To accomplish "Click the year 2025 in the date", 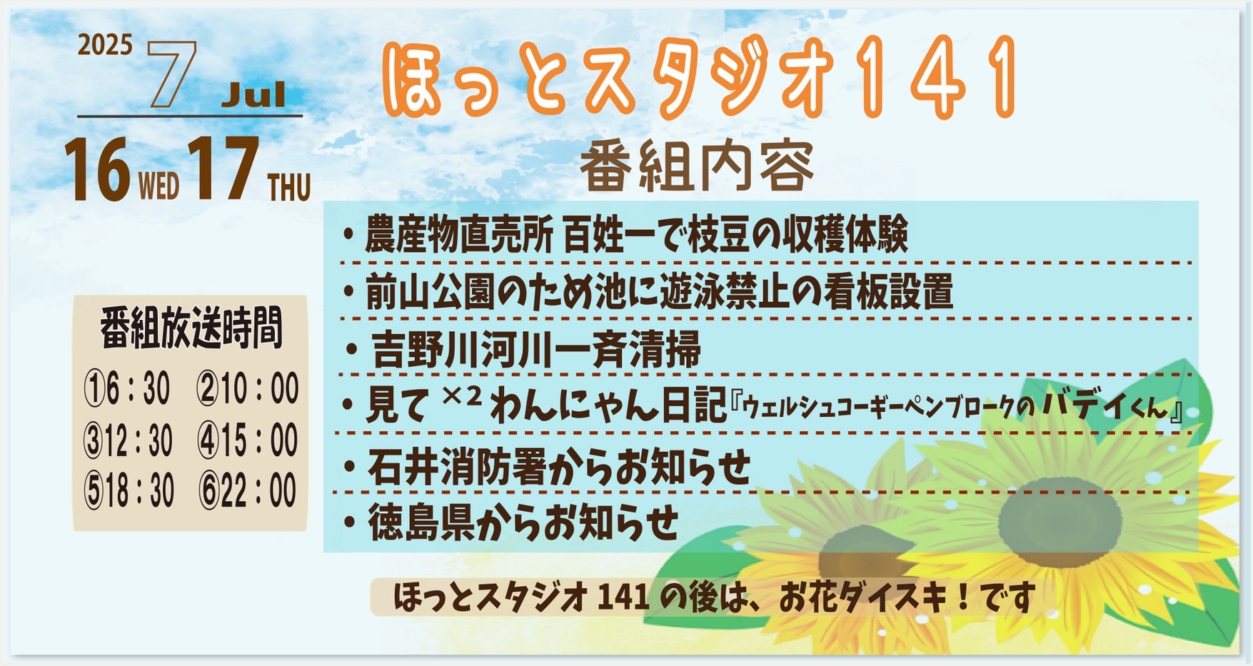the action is coord(105,46).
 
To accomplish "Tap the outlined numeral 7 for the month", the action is coord(171,74).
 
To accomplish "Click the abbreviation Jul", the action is coord(253,95).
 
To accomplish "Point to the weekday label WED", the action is coord(158,187).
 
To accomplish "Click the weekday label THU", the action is coord(289,188).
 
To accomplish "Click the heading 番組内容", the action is coord(697,166).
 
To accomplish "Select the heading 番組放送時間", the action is coord(191,328).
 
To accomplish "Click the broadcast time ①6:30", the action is coord(127,390).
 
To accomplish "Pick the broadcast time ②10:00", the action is coord(248,390).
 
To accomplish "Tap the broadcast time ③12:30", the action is coord(129,440).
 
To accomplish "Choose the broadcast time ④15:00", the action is coord(248,440).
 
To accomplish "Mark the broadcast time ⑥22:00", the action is coord(248,491).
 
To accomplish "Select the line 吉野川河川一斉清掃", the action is coord(523,349).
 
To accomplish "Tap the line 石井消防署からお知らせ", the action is coord(548,466).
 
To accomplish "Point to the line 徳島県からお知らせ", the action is coord(511,523).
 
